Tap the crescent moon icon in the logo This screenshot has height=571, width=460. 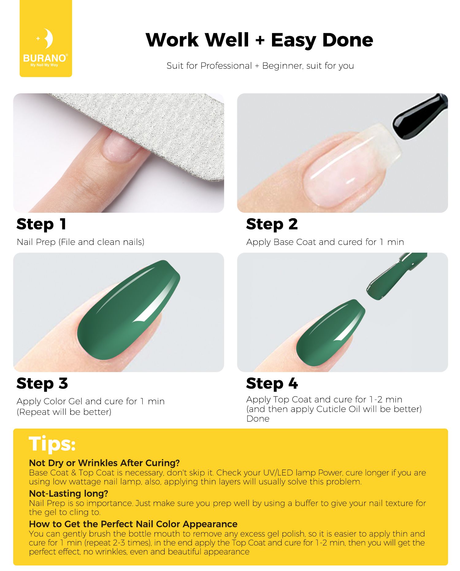pyautogui.click(x=48, y=39)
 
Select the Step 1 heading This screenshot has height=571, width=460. pyautogui.click(x=41, y=224)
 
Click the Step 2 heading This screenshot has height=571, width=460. pyautogui.click(x=272, y=224)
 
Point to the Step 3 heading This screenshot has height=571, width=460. pyautogui.click(x=42, y=384)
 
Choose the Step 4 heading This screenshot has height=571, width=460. pyautogui.click(x=272, y=384)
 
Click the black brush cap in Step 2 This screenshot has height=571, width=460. pyautogui.click(x=420, y=116)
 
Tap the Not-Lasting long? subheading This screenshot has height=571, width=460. pyautogui.click(x=68, y=493)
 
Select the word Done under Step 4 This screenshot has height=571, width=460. pyautogui.click(x=258, y=419)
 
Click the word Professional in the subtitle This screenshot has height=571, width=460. pyautogui.click(x=226, y=66)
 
